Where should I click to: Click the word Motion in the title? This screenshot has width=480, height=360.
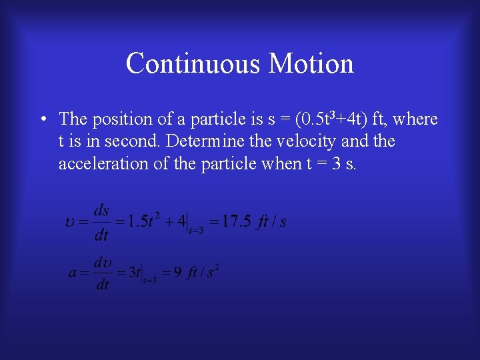(311, 64)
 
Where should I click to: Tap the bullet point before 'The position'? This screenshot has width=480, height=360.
(42, 119)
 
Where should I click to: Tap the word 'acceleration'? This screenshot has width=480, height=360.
(103, 163)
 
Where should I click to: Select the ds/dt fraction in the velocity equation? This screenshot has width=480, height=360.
(101, 222)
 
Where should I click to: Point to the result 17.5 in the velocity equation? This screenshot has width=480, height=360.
(236, 221)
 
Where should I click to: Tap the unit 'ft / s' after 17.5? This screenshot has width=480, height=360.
(272, 221)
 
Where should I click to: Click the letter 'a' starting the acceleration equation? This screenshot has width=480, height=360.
(73, 273)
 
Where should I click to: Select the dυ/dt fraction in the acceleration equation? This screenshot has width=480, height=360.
(102, 273)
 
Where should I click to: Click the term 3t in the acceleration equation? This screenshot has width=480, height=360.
(133, 273)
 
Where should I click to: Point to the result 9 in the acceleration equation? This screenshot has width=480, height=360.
(177, 273)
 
